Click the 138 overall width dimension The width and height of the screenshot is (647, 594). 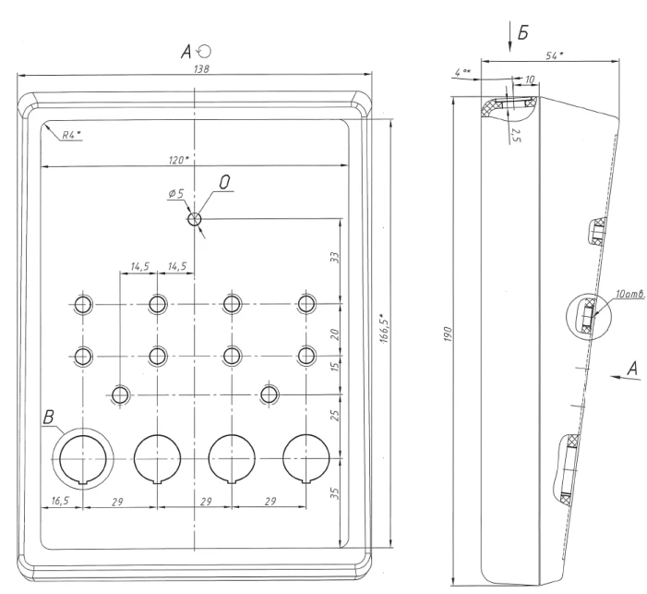[x=197, y=70]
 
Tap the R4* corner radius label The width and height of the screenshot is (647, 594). [x=71, y=135]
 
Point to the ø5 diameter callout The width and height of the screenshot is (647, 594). [x=176, y=194]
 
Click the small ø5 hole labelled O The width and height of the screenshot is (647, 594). [x=195, y=220]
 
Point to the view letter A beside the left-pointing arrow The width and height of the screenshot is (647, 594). [x=633, y=368]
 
